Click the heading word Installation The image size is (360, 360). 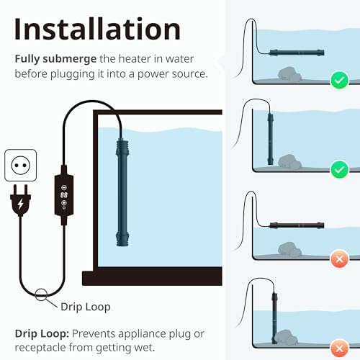click(97, 30)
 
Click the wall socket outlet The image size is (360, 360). click(21, 166)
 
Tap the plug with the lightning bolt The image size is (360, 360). click(21, 200)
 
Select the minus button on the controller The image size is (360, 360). click(64, 187)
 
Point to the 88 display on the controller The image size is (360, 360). click(64, 195)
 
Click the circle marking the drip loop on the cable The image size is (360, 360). click(41, 294)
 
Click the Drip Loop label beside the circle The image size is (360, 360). click(86, 307)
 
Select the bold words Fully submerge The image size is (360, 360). click(55, 59)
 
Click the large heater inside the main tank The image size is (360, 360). click(122, 192)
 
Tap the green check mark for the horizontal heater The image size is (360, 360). click(339, 80)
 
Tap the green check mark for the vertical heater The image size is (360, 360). click(339, 170)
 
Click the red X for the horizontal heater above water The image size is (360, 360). click(339, 259)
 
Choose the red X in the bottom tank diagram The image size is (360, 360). click(339, 348)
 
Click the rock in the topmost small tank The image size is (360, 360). click(289, 74)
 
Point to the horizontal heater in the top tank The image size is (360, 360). click(297, 53)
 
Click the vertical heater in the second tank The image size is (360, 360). click(271, 139)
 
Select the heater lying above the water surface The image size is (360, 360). click(297, 225)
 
